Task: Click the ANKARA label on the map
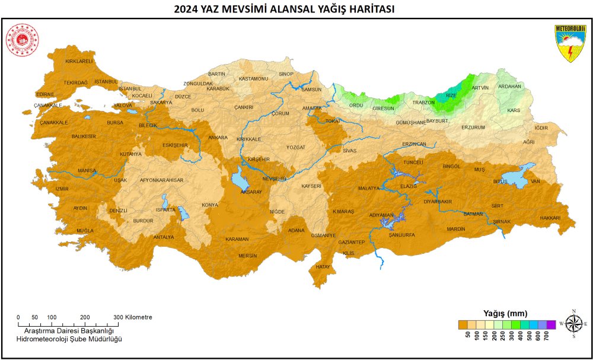[x=218, y=138]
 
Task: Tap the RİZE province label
[x=451, y=95]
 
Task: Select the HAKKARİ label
[x=550, y=218]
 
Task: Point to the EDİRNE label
[x=45, y=94]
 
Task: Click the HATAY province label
[x=323, y=267]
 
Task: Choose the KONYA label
[x=210, y=205]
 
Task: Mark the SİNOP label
[x=286, y=74]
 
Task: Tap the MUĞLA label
[x=85, y=230]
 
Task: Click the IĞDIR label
[x=541, y=128]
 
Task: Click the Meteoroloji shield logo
[x=570, y=43]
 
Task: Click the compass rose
[x=573, y=323]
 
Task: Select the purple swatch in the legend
[x=551, y=324]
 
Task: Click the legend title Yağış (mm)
[x=505, y=313]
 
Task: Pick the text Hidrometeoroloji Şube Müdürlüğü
[x=69, y=338]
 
